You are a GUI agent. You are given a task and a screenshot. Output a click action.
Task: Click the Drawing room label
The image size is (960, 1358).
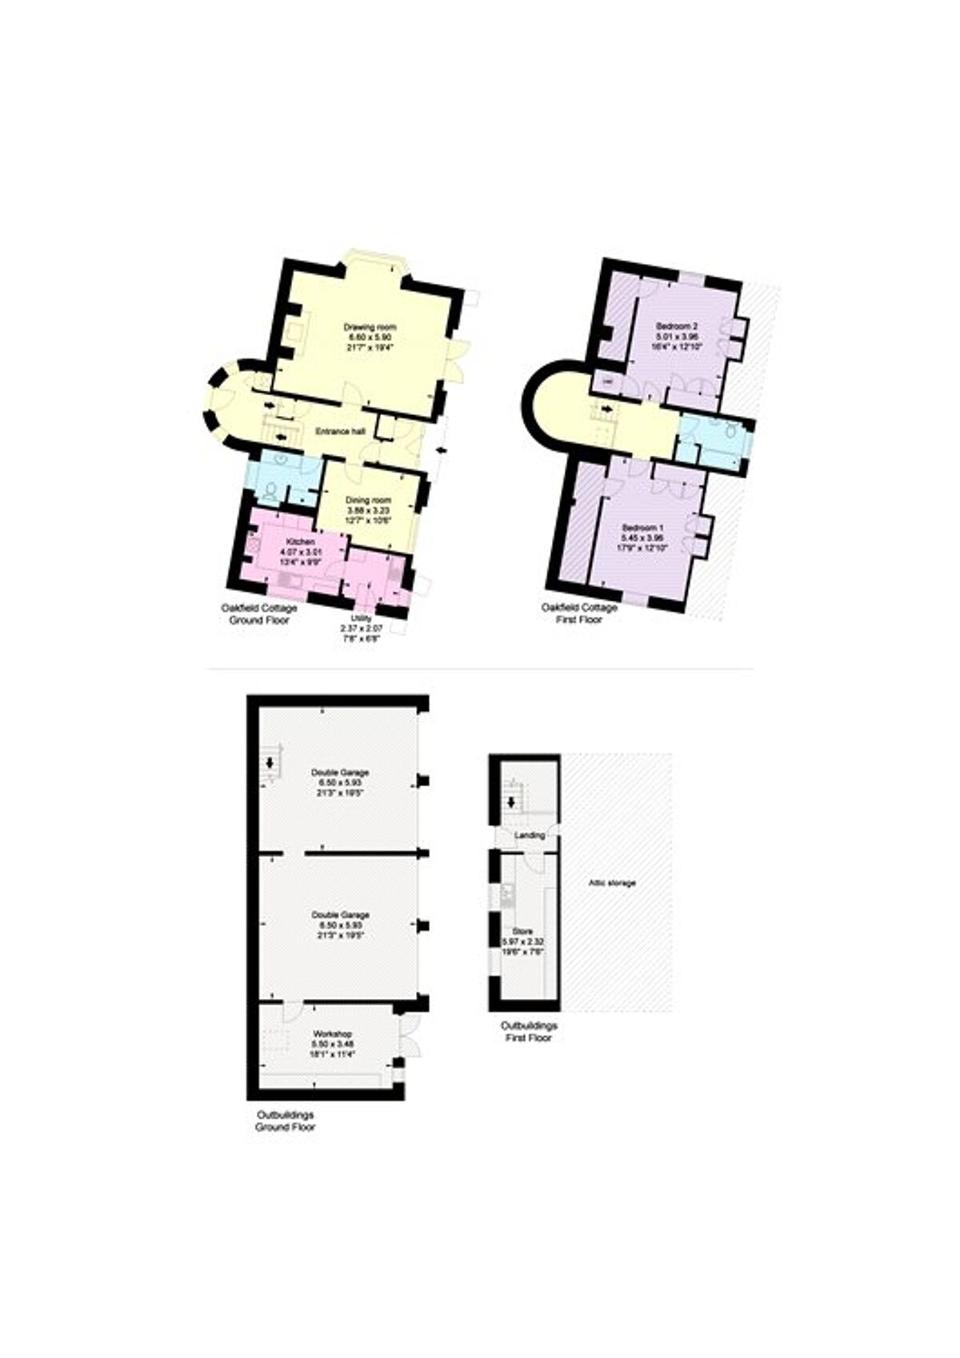[x=370, y=327]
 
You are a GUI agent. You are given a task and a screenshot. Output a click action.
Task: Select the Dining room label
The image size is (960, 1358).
[x=367, y=500]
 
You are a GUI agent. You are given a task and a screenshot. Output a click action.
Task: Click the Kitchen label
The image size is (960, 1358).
[x=300, y=542]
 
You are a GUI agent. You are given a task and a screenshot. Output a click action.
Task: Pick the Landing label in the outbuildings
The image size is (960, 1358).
[x=530, y=835]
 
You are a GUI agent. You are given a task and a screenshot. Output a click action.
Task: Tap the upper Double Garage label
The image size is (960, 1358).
[x=340, y=773]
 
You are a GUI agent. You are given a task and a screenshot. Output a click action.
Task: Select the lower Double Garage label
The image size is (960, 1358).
[x=340, y=915]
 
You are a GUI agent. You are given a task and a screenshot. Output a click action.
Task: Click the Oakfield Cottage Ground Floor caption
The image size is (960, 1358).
[x=258, y=614]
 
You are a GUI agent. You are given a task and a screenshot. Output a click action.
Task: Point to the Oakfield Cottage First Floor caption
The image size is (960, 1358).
[x=579, y=613]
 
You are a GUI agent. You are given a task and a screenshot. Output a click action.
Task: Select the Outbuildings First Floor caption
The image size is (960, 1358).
[x=529, y=1032]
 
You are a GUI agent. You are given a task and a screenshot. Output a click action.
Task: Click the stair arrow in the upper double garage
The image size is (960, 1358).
[x=270, y=762]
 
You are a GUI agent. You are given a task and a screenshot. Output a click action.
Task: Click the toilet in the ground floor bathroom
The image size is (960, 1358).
[x=270, y=489]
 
